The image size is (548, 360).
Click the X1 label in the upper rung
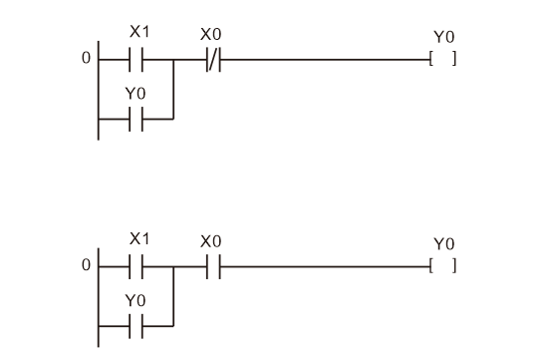139,32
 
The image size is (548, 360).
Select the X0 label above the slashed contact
210,33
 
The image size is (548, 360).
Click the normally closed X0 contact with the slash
212,60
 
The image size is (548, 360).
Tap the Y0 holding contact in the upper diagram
137,118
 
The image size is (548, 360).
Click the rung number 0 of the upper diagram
86,60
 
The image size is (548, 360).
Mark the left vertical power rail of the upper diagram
98,90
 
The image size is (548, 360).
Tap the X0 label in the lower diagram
210,241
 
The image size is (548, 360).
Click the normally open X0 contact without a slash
212,267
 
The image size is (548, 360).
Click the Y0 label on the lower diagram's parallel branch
136,300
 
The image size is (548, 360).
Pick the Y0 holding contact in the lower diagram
137,325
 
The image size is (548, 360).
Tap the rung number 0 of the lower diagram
86,267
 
